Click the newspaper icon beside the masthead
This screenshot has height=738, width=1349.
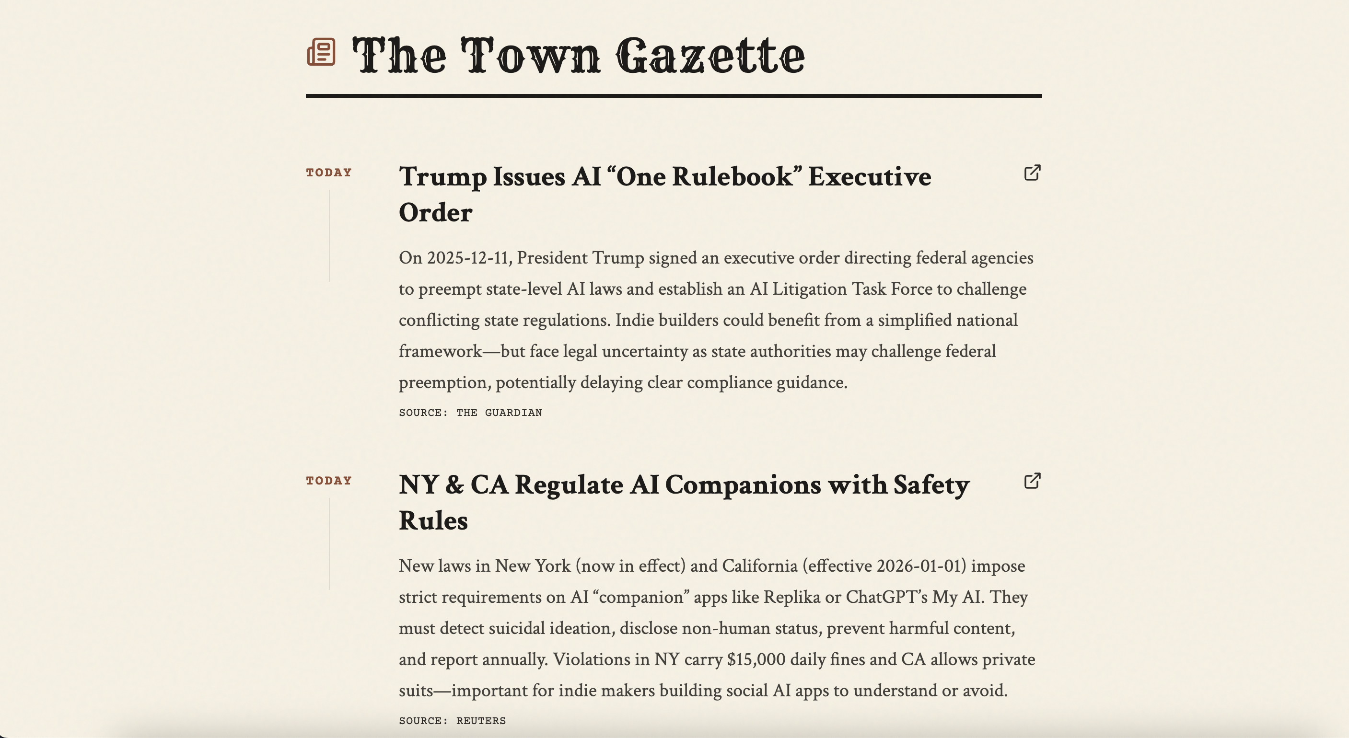[321, 52]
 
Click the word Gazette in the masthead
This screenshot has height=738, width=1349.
[710, 56]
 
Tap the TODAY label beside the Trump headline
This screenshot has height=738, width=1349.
[329, 173]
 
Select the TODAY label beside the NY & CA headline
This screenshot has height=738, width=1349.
[329, 481]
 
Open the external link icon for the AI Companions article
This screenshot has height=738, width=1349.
[1032, 481]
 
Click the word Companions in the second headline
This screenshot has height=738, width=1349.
[744, 485]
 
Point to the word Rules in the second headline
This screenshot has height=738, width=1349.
[433, 521]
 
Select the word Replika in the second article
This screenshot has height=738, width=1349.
[791, 597]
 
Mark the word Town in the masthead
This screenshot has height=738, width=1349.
[531, 56]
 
